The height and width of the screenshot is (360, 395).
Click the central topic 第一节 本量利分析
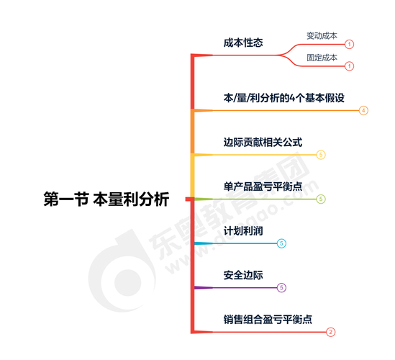[x=106, y=199]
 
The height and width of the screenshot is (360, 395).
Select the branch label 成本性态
[x=243, y=42]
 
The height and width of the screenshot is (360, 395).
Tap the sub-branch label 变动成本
[x=322, y=36]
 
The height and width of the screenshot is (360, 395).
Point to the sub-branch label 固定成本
[x=322, y=58]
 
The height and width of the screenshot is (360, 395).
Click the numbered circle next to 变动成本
[x=349, y=45]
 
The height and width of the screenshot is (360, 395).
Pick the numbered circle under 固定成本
[x=349, y=66]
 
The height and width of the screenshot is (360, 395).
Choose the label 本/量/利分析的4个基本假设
[x=284, y=98]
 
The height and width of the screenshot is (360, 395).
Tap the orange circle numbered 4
[x=363, y=110]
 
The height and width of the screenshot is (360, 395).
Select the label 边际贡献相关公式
[x=263, y=142]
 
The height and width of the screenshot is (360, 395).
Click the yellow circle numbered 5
[x=321, y=155]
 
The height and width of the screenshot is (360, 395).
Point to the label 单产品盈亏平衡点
[x=263, y=186]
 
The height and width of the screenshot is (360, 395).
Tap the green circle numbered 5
[x=321, y=199]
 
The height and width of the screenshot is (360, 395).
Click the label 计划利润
[x=243, y=231]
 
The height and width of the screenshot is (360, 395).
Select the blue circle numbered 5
[x=281, y=243]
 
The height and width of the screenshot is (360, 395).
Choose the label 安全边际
[x=243, y=275]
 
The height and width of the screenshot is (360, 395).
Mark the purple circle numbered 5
[x=281, y=288]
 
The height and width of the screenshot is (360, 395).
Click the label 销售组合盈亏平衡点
[x=268, y=320]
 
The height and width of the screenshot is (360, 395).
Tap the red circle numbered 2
[x=330, y=332]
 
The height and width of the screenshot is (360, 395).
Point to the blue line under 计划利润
[x=235, y=243]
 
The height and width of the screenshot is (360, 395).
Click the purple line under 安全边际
[x=235, y=288]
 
